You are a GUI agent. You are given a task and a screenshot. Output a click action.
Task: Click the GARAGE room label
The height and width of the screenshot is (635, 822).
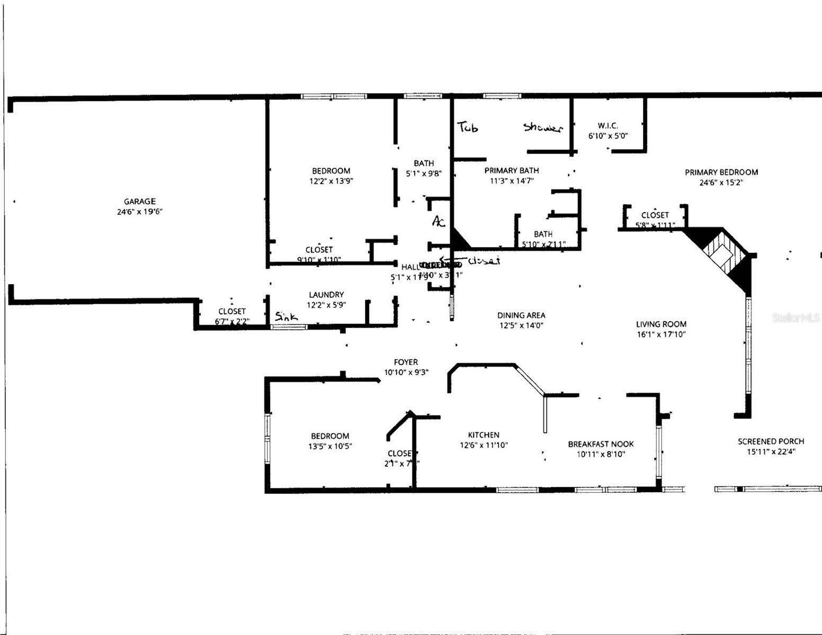(140, 201)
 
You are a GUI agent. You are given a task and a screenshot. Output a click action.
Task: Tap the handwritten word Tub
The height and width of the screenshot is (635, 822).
(468, 127)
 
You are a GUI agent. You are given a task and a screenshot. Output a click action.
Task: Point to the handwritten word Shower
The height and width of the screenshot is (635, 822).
(542, 128)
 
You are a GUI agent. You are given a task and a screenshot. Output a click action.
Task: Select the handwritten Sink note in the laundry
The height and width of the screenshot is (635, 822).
(286, 316)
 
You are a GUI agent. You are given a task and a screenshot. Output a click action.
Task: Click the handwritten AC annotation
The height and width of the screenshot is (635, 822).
(439, 221)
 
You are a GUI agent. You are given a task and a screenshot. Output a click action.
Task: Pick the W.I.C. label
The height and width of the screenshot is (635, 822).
(607, 125)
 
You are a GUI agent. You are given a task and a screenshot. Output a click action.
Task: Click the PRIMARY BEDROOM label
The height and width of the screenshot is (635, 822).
(721, 172)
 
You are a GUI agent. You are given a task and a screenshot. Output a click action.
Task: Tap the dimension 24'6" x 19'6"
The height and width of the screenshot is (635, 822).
(140, 212)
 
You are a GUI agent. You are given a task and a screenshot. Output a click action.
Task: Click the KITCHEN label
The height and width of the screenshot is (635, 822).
(483, 435)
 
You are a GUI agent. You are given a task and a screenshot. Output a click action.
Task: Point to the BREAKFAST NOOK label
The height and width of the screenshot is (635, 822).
(601, 444)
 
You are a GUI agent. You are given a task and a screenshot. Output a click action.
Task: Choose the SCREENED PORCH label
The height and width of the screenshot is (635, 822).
(771, 441)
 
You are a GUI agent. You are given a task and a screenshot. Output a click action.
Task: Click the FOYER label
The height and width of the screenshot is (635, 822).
(406, 362)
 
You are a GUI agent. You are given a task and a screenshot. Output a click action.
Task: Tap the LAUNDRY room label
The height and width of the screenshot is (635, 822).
(326, 295)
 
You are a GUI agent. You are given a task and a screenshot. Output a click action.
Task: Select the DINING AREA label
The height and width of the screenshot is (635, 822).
(521, 315)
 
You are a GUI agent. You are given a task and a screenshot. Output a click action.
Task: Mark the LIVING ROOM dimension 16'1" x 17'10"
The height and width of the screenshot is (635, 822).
(661, 334)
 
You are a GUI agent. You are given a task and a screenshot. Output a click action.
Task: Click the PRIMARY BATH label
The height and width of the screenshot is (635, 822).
(512, 170)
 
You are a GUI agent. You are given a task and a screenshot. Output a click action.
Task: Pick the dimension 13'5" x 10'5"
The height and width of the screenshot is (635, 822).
(330, 446)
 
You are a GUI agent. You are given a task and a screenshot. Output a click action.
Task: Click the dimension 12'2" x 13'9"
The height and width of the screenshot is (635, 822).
(331, 181)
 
